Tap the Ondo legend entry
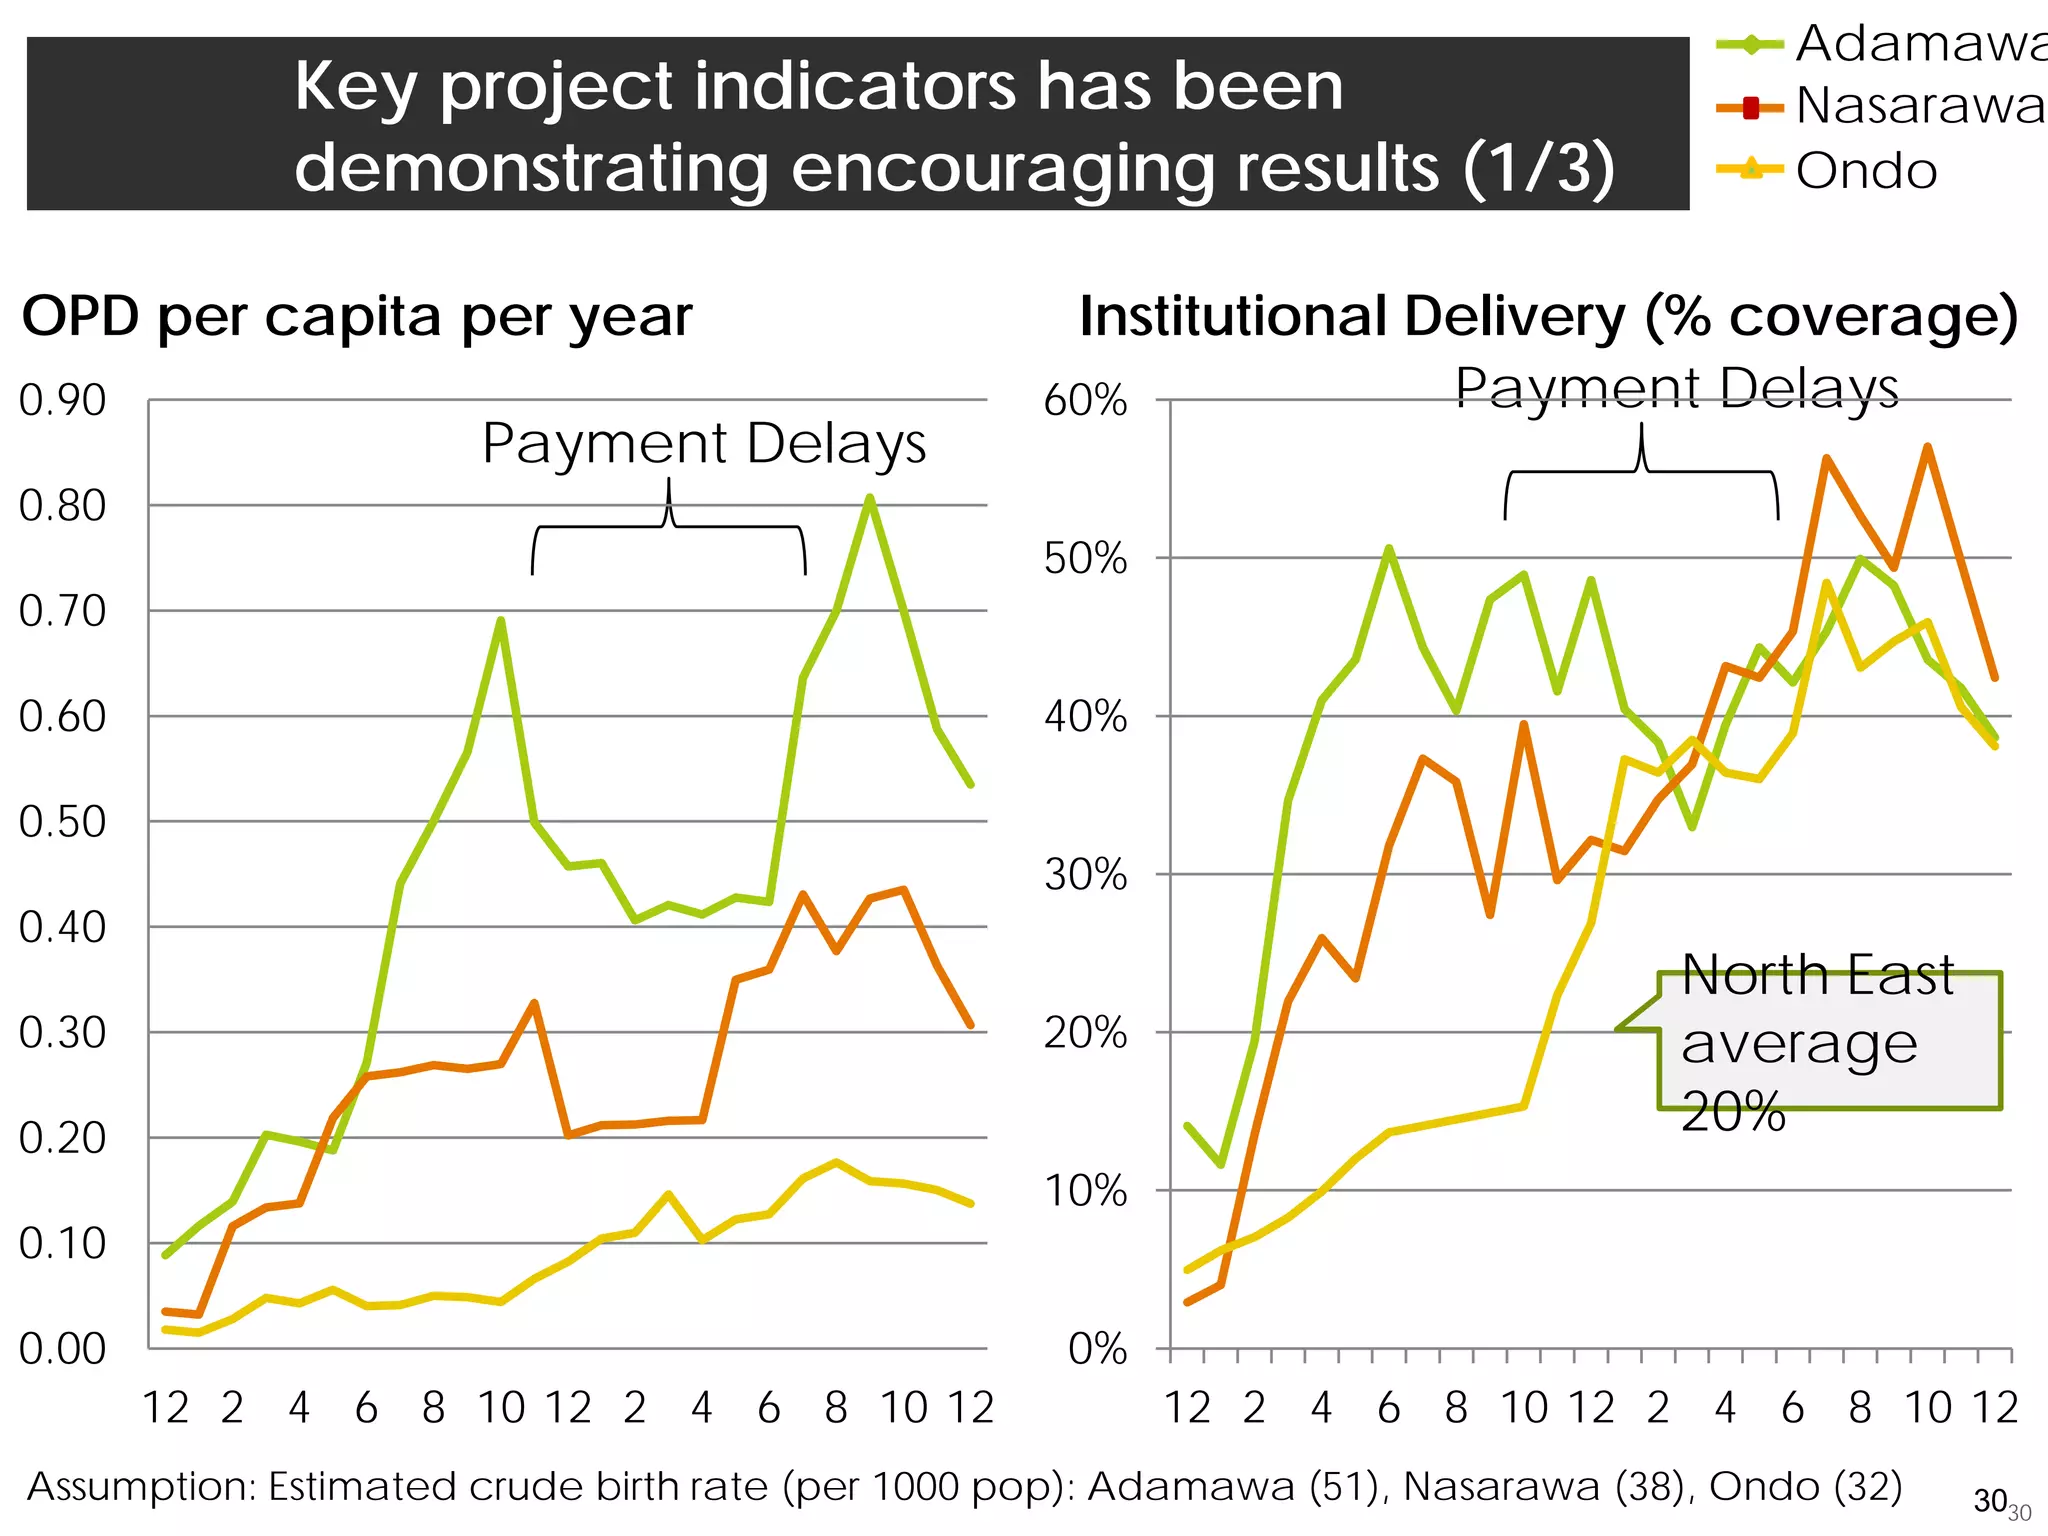(x=1865, y=171)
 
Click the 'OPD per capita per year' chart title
(x=357, y=317)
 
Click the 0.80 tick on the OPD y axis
(x=62, y=506)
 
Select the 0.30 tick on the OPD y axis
(x=62, y=1033)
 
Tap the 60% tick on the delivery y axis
(x=1085, y=401)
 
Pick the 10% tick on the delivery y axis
(x=1085, y=1191)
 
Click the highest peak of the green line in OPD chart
(x=870, y=497)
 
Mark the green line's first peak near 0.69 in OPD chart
(x=501, y=620)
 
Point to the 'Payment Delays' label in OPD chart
(x=704, y=443)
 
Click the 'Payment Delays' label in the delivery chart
(x=1676, y=388)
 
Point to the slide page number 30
(x=1990, y=1501)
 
